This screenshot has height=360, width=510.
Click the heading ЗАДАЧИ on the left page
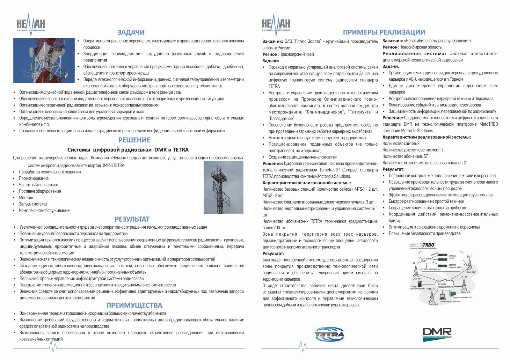(x=131, y=32)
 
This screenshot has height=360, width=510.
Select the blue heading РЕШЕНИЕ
(x=134, y=140)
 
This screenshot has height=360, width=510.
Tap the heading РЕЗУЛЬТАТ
(x=132, y=219)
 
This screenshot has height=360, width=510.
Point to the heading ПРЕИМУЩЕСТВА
(x=134, y=305)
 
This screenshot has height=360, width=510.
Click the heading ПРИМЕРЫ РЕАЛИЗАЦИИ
(x=384, y=32)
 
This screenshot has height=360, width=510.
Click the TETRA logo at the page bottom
(x=330, y=334)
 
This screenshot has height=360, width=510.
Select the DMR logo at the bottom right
(x=437, y=334)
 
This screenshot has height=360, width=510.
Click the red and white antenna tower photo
(x=44, y=61)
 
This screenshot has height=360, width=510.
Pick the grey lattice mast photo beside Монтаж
(x=223, y=187)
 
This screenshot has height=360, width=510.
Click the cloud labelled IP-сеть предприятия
(x=445, y=285)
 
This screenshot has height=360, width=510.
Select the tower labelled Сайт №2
(x=470, y=263)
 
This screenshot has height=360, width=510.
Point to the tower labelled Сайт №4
(x=416, y=270)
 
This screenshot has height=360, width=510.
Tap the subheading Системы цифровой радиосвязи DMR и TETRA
(x=128, y=150)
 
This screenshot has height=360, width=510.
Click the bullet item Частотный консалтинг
(x=39, y=185)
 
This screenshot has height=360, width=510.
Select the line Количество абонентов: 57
(x=405, y=156)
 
